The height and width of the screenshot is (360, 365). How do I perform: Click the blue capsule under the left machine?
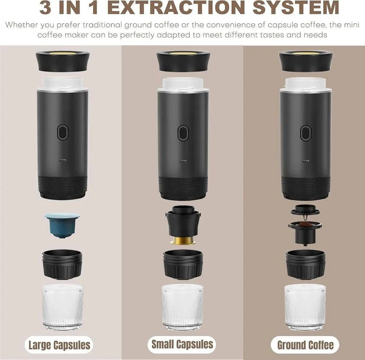tap(62, 225)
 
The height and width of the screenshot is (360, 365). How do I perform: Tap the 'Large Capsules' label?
tap(59, 345)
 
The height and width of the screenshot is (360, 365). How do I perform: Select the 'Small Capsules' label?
tap(182, 344)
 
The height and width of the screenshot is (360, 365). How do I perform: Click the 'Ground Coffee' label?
tap(305, 345)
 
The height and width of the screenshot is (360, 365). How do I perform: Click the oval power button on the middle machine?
tap(183, 133)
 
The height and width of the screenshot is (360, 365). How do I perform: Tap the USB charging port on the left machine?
tap(63, 161)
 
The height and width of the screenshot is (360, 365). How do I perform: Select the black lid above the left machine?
tap(63, 61)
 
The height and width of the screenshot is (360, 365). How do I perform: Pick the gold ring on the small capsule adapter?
tap(183, 241)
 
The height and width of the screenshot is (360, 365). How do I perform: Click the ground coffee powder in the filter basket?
tap(305, 224)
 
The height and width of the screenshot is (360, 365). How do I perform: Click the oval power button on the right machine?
tap(306, 133)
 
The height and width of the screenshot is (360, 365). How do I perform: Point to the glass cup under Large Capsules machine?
tap(63, 307)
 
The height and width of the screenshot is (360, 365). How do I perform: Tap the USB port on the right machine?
tap(305, 161)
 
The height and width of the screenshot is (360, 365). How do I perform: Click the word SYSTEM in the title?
tap(296, 7)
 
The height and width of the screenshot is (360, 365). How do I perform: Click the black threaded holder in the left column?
tap(62, 265)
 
